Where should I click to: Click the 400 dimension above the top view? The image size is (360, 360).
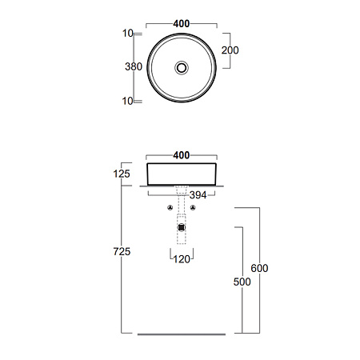point(182,24)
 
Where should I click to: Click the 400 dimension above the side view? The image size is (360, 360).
point(182,155)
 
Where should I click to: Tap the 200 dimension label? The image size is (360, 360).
point(230,50)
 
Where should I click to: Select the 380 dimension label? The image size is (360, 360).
point(134,66)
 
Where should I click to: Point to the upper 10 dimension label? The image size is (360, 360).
point(128,34)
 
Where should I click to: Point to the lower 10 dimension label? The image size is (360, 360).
point(128,101)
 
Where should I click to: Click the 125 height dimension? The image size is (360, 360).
point(122,174)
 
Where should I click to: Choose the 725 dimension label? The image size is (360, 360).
point(122,251)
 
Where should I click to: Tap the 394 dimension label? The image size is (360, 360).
point(198,195)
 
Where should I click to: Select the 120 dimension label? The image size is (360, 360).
point(182,259)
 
